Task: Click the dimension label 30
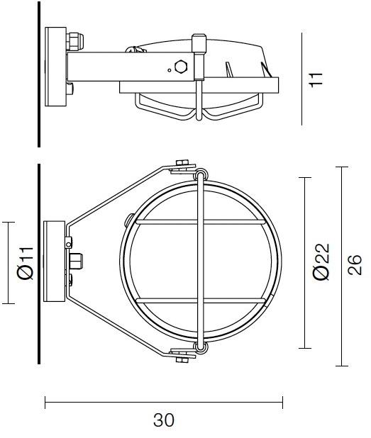point(164,420)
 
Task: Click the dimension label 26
point(354,265)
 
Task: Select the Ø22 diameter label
point(321,262)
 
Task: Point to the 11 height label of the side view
point(316,80)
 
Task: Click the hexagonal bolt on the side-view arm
point(180,67)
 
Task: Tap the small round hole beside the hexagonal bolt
point(169,70)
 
